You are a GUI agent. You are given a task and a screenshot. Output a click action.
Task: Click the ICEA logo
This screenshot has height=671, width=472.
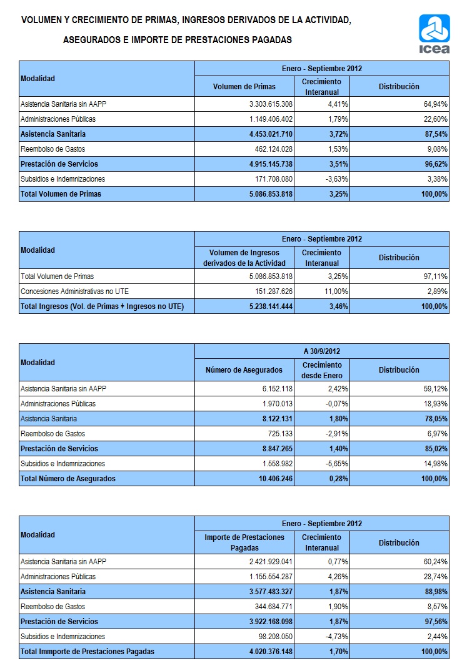coord(433,34)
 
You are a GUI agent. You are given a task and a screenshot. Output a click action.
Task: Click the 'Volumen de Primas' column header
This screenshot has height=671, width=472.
coord(244,87)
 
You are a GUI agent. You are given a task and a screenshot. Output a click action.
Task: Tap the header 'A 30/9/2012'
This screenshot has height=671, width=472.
coord(322,351)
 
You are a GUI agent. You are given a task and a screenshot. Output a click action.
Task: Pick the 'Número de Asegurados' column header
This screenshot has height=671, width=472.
coord(244,370)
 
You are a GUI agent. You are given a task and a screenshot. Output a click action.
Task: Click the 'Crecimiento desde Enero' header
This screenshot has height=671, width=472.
coord(322,370)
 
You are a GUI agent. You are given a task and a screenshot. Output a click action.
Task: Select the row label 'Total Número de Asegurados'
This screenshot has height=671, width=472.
coord(68,479)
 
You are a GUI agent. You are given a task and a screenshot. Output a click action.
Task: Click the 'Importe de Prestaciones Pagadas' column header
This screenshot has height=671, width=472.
coord(244,542)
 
